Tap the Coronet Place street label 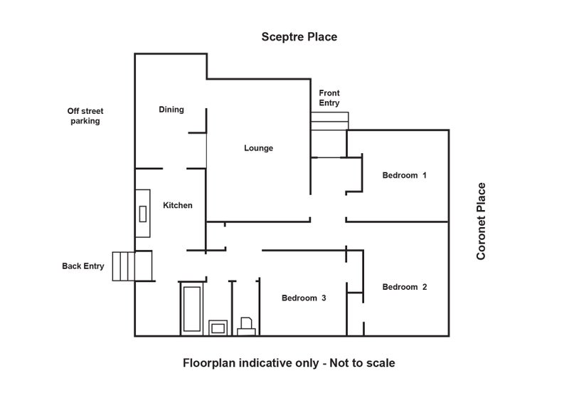tap(482, 221)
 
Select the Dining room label tap(171, 110)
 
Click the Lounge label tap(258, 148)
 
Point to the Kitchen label tap(178, 206)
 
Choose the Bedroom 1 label tap(404, 175)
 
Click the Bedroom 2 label tap(404, 287)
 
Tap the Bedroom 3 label tap(304, 298)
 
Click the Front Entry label tap(329, 98)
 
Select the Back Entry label tap(83, 266)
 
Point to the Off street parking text tap(83, 116)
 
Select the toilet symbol tap(248, 326)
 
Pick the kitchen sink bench tap(143, 214)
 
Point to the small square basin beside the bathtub tap(218, 327)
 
